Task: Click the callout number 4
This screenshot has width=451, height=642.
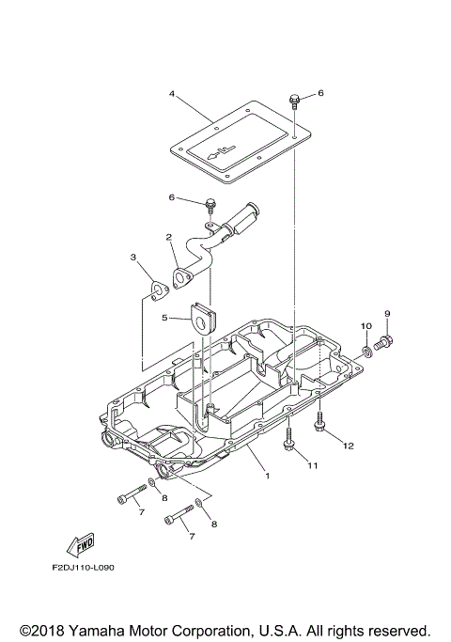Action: coord(173,94)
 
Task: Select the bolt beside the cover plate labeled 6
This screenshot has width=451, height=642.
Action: coord(295,100)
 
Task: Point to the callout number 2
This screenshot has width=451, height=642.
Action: coord(168,237)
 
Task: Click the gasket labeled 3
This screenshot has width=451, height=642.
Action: coord(160,290)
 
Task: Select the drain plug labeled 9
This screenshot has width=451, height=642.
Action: coord(385,344)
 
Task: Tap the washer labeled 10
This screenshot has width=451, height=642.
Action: coord(365,353)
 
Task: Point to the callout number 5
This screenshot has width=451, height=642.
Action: coord(163,319)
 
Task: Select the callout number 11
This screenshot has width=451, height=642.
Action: coord(312,465)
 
